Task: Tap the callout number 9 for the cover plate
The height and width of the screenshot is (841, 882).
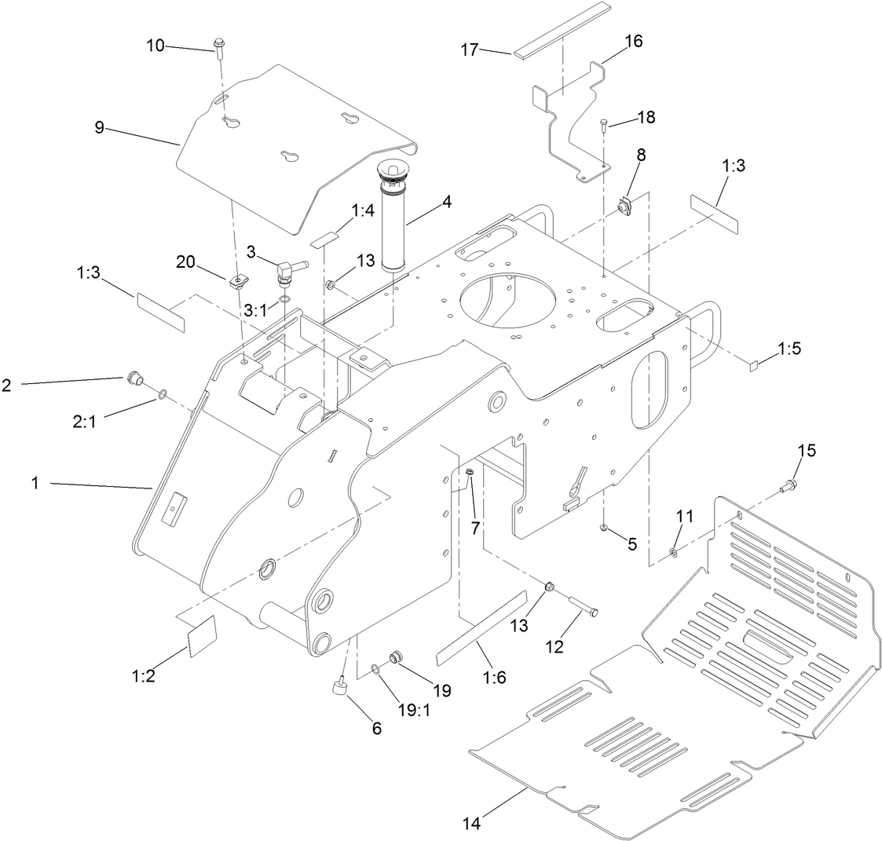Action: coord(100,127)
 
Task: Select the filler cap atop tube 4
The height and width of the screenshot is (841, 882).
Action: coord(390,170)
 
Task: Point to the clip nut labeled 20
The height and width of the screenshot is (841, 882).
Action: coord(237,280)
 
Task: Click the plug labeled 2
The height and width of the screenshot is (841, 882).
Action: coord(134,382)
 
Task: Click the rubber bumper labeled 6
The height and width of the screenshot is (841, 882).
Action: coord(340,688)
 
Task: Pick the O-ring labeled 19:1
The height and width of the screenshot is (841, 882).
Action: coord(377,668)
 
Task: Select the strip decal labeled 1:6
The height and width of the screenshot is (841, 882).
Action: coord(481,626)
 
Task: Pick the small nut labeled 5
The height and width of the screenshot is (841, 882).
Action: coord(603,527)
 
